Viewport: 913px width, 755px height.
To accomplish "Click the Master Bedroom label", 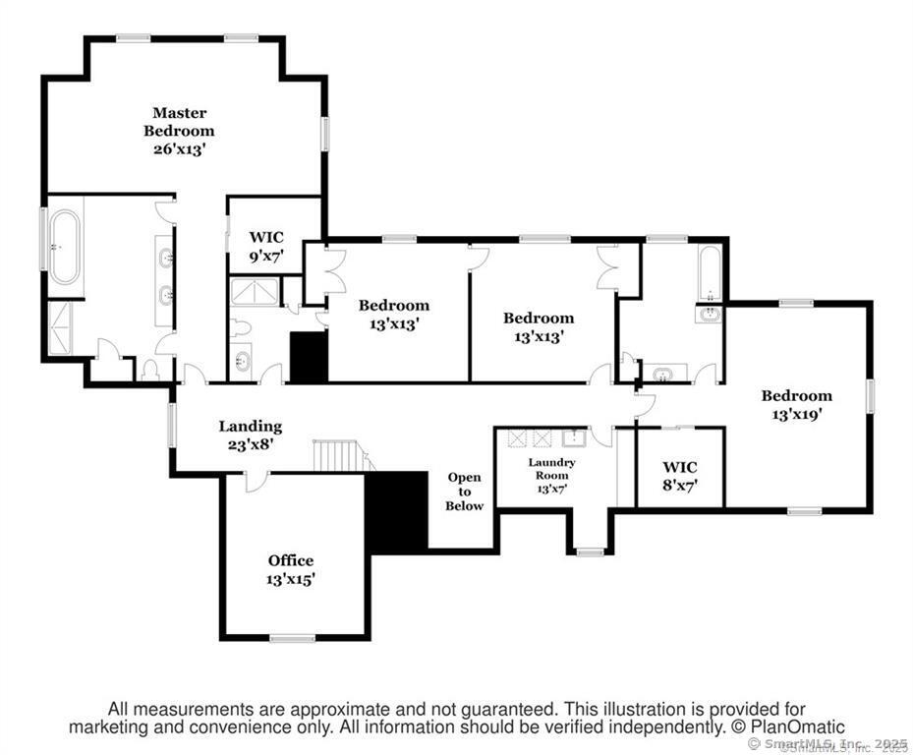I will (x=179, y=122).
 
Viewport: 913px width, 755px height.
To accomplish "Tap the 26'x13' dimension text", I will (x=179, y=148).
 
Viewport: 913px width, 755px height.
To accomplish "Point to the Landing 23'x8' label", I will (x=250, y=435).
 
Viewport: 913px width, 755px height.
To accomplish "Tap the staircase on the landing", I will (x=340, y=456).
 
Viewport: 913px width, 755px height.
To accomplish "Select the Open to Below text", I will (x=465, y=492).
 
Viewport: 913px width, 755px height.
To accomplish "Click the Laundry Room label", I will (x=551, y=469).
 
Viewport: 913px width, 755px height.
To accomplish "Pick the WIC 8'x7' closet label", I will (x=679, y=475).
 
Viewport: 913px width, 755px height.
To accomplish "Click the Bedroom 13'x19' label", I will (x=796, y=404).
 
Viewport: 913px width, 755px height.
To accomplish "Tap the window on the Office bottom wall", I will (x=292, y=638).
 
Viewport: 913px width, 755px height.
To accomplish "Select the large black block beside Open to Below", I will (x=396, y=511).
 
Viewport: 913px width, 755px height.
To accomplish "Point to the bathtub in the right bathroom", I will (x=710, y=273).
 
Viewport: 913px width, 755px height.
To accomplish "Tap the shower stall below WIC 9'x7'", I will (x=254, y=292).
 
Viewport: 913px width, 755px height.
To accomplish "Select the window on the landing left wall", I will (x=172, y=426).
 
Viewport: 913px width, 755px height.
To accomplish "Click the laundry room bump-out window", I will (x=589, y=552).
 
